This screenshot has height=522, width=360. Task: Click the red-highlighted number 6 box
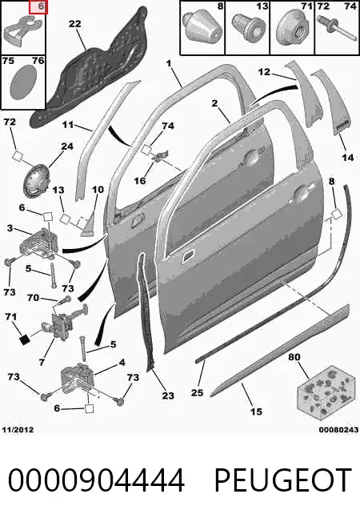click(38, 7)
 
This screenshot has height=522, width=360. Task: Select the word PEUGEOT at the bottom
click(282, 480)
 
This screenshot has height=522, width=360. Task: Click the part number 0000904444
click(96, 480)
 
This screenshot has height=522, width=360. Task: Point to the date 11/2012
click(18, 430)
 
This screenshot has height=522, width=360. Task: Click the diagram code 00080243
click(338, 430)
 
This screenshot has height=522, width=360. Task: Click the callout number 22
click(75, 24)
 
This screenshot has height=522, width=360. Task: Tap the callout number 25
click(197, 393)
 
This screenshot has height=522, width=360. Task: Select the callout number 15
click(256, 412)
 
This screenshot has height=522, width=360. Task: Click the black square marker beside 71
click(24, 339)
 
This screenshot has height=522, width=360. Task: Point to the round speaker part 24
click(36, 179)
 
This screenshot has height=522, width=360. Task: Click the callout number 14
click(348, 157)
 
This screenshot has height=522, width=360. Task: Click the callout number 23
click(168, 396)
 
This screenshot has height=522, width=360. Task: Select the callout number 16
click(140, 180)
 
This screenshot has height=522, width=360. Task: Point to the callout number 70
click(34, 297)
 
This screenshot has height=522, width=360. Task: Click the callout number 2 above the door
click(214, 103)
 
